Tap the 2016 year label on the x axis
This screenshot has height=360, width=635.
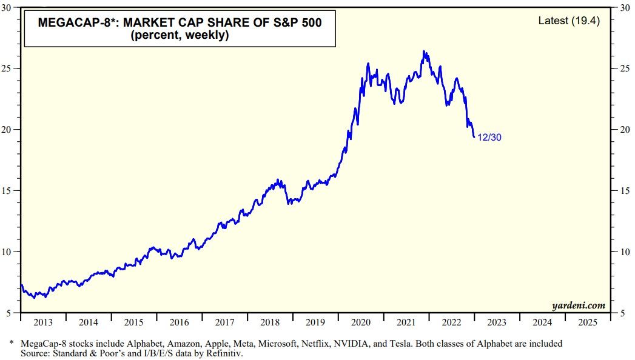179,322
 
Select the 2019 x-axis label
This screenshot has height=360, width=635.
315,322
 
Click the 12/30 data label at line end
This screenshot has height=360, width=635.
489,138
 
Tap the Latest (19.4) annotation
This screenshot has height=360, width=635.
569,21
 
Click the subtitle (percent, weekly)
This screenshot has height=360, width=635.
179,36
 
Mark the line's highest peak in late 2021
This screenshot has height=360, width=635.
424,52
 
